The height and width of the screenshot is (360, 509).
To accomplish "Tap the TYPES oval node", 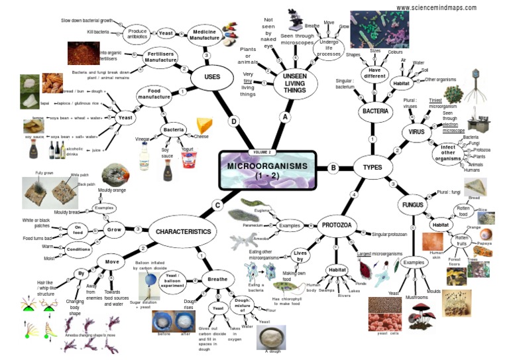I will (x=372, y=168).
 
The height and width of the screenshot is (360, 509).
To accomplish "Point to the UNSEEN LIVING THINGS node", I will (x=294, y=83).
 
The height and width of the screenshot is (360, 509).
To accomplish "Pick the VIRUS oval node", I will (x=416, y=133).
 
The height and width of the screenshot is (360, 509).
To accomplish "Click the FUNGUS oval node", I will (x=412, y=204).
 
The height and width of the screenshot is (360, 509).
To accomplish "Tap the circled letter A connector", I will (x=286, y=117).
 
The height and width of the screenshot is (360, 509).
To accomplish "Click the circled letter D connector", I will (x=233, y=121).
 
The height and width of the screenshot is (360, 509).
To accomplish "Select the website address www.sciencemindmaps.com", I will (x=436, y=7).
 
